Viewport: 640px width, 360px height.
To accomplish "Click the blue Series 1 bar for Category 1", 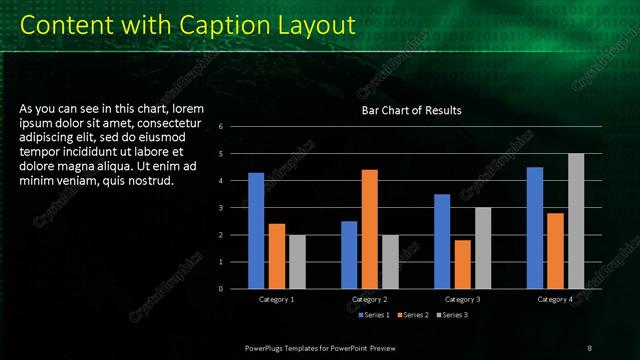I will coord(256,231).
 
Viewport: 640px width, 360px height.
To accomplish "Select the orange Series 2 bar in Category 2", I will coord(370,229).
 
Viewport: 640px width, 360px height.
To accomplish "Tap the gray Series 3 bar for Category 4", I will coord(576,221).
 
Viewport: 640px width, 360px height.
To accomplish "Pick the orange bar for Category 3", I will coord(463,264).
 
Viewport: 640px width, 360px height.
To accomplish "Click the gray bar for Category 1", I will coord(298,262).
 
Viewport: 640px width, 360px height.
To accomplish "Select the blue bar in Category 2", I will coord(349,255).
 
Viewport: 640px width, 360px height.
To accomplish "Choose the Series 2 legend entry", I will coord(412,315).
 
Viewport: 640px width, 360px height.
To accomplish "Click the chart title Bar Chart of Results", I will coord(411,110).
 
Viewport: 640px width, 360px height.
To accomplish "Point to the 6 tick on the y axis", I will coord(234,127).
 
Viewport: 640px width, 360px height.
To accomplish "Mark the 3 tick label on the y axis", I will coord(234,208).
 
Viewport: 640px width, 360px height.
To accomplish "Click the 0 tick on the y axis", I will coord(234,289).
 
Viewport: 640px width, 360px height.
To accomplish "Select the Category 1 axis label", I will coord(277,300).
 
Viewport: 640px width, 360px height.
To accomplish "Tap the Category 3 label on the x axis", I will coord(463,300).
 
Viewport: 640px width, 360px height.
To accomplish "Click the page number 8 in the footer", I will coord(589,347).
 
